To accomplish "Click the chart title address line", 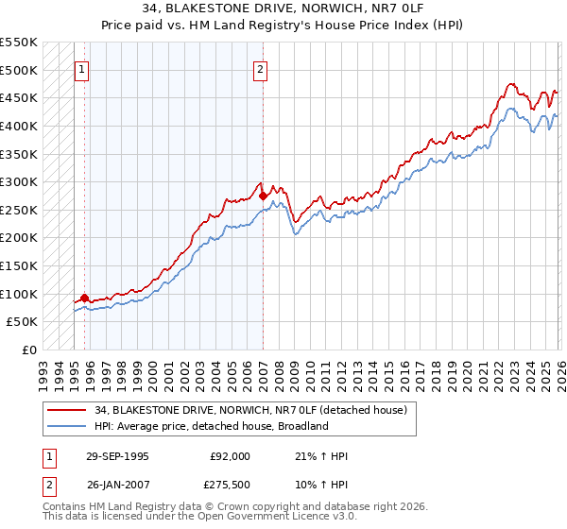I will point(283,10).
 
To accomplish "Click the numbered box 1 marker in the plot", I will point(81,69).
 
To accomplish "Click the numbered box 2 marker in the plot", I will point(260,69).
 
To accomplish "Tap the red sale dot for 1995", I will point(85,299).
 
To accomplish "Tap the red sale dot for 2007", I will point(263,196).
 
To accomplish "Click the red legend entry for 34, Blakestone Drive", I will point(250,410).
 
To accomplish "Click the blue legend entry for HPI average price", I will point(211,426).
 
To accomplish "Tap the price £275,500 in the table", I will point(230,485).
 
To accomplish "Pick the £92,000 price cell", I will point(230,456).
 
